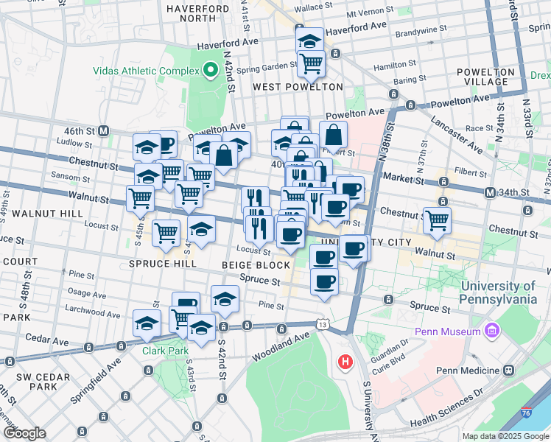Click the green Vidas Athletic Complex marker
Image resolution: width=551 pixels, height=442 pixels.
pyautogui.click(x=210, y=71)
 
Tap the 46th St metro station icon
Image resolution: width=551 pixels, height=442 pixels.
pyautogui.click(x=104, y=130)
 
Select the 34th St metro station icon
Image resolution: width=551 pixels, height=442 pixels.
pyautogui.click(x=490, y=193)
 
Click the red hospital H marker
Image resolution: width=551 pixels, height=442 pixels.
pyautogui.click(x=344, y=362)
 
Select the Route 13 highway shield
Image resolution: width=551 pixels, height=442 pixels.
pyautogui.click(x=323, y=324)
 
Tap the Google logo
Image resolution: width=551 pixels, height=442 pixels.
pyautogui.click(x=24, y=432)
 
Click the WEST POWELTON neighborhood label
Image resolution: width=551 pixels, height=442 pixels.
pyautogui.click(x=298, y=87)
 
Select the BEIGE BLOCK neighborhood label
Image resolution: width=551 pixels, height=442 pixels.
pyautogui.click(x=256, y=264)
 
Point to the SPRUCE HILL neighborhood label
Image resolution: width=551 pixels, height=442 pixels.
pyautogui.click(x=162, y=263)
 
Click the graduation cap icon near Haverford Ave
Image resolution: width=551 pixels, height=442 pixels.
pyautogui.click(x=310, y=39)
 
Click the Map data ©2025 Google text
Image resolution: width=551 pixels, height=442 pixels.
pyautogui.click(x=504, y=436)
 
